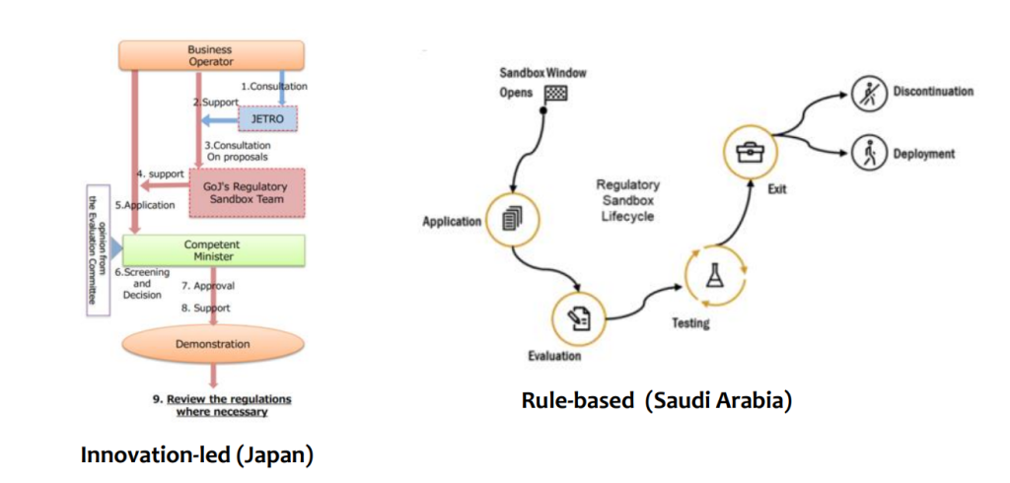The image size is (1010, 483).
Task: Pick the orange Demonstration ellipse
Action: pos(213,344)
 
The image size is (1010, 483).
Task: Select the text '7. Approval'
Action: pos(207,286)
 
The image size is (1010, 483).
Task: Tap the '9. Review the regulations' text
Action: pos(222,398)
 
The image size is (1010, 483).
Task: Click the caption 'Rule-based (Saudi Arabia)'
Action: pos(656,402)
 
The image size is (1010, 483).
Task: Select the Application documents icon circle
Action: pos(510,221)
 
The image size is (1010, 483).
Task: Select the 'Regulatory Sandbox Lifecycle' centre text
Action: pos(628,200)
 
